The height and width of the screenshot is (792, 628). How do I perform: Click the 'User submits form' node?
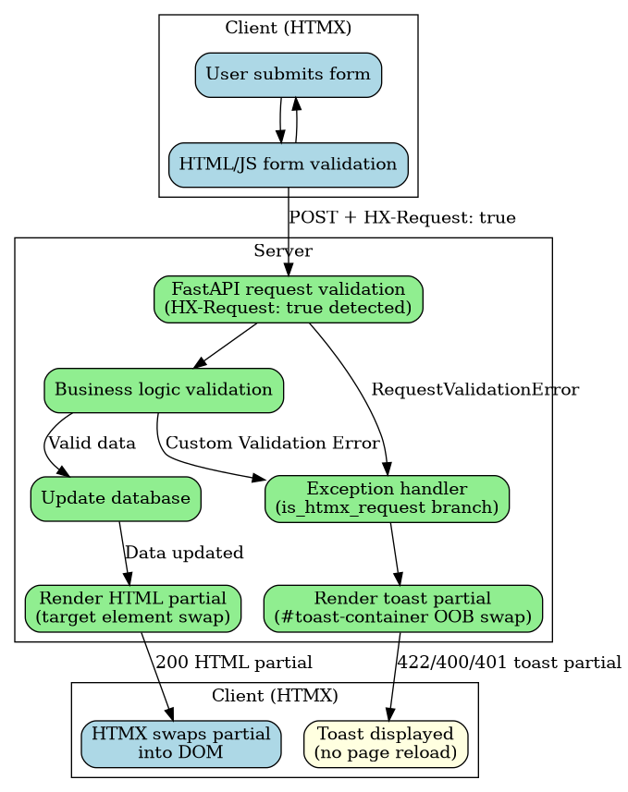coord(289,75)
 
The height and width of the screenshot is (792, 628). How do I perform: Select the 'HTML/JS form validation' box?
coord(289,165)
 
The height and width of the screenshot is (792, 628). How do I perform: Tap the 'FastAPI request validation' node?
coord(289,299)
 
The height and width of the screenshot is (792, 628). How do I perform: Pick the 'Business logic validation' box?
coord(164,390)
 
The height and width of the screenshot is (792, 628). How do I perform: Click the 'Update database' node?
coord(116,499)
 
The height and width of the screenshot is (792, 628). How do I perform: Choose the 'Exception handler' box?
coord(387,499)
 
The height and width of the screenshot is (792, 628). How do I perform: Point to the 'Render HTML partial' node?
coord(132,608)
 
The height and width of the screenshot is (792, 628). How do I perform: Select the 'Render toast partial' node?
coord(402,608)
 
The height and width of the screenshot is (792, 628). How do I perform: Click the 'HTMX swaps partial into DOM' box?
coord(181,744)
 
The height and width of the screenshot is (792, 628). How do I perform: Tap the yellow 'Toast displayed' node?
coord(386,744)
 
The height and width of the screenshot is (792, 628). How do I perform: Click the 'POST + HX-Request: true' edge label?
coord(402,218)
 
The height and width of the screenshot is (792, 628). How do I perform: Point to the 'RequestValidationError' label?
coord(474,390)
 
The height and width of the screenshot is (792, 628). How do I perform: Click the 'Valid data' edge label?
coord(92,444)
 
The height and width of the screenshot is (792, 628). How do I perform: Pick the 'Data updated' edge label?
coord(184,554)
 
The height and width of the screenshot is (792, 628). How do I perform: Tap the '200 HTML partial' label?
coord(234,663)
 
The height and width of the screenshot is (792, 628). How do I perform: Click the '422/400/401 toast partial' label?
coord(509,663)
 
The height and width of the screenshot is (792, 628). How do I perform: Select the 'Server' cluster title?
coord(283,251)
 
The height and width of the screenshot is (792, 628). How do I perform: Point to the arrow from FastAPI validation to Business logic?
coord(225,346)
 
